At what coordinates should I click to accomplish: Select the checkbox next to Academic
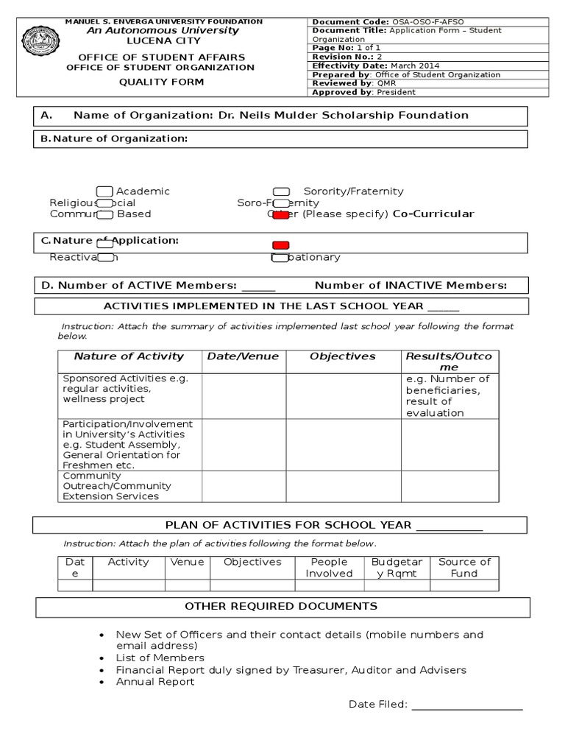pyautogui.click(x=104, y=191)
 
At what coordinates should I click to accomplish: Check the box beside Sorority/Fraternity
pyautogui.click(x=281, y=191)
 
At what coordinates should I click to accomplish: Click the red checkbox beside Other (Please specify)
pyautogui.click(x=280, y=214)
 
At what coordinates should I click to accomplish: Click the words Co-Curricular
pyautogui.click(x=433, y=214)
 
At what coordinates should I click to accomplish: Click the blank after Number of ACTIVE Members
pyautogui.click(x=258, y=286)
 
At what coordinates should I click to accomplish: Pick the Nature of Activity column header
pyautogui.click(x=129, y=356)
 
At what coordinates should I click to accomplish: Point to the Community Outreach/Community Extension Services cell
pyautogui.click(x=129, y=486)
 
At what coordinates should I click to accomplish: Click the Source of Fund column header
pyautogui.click(x=464, y=567)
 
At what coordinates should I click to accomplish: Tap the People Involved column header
pyautogui.click(x=329, y=567)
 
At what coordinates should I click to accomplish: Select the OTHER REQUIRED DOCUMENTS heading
pyautogui.click(x=281, y=606)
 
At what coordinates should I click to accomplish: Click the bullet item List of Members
pyautogui.click(x=160, y=658)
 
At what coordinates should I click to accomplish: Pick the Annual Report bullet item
pyautogui.click(x=155, y=681)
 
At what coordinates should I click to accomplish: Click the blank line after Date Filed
pyautogui.click(x=467, y=705)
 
